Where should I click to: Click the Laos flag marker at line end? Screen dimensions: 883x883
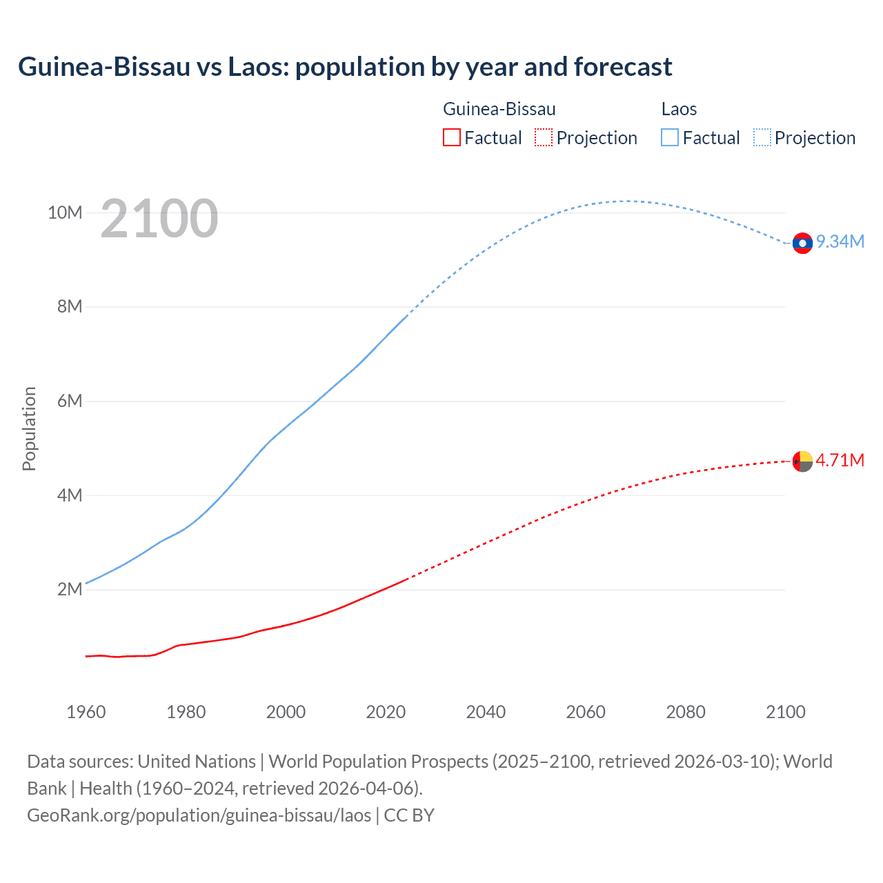click(802, 243)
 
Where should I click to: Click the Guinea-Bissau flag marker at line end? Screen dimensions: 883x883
click(802, 461)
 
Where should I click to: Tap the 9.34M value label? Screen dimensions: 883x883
click(840, 241)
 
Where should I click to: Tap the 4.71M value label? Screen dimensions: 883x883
click(840, 460)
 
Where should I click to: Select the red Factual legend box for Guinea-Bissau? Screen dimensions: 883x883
click(451, 137)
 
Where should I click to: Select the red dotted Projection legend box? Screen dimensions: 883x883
click(544, 137)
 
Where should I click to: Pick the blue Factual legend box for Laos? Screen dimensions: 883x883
click(670, 137)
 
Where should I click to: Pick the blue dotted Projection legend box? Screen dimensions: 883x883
click(762, 137)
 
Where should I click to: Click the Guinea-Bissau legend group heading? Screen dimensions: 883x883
click(499, 109)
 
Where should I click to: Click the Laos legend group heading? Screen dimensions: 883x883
click(679, 109)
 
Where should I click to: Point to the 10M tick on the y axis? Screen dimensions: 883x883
click(65, 212)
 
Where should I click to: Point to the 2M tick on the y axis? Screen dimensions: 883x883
click(70, 589)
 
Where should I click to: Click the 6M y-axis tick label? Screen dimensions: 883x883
click(70, 401)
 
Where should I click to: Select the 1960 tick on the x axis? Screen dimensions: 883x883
click(86, 712)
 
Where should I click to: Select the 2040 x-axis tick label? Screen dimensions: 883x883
click(486, 712)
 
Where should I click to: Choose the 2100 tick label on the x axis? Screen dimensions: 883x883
click(785, 712)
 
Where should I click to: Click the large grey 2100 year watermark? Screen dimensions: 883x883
click(159, 219)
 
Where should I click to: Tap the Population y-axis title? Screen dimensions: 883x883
click(29, 428)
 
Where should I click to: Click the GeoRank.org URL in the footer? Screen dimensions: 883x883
click(199, 815)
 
